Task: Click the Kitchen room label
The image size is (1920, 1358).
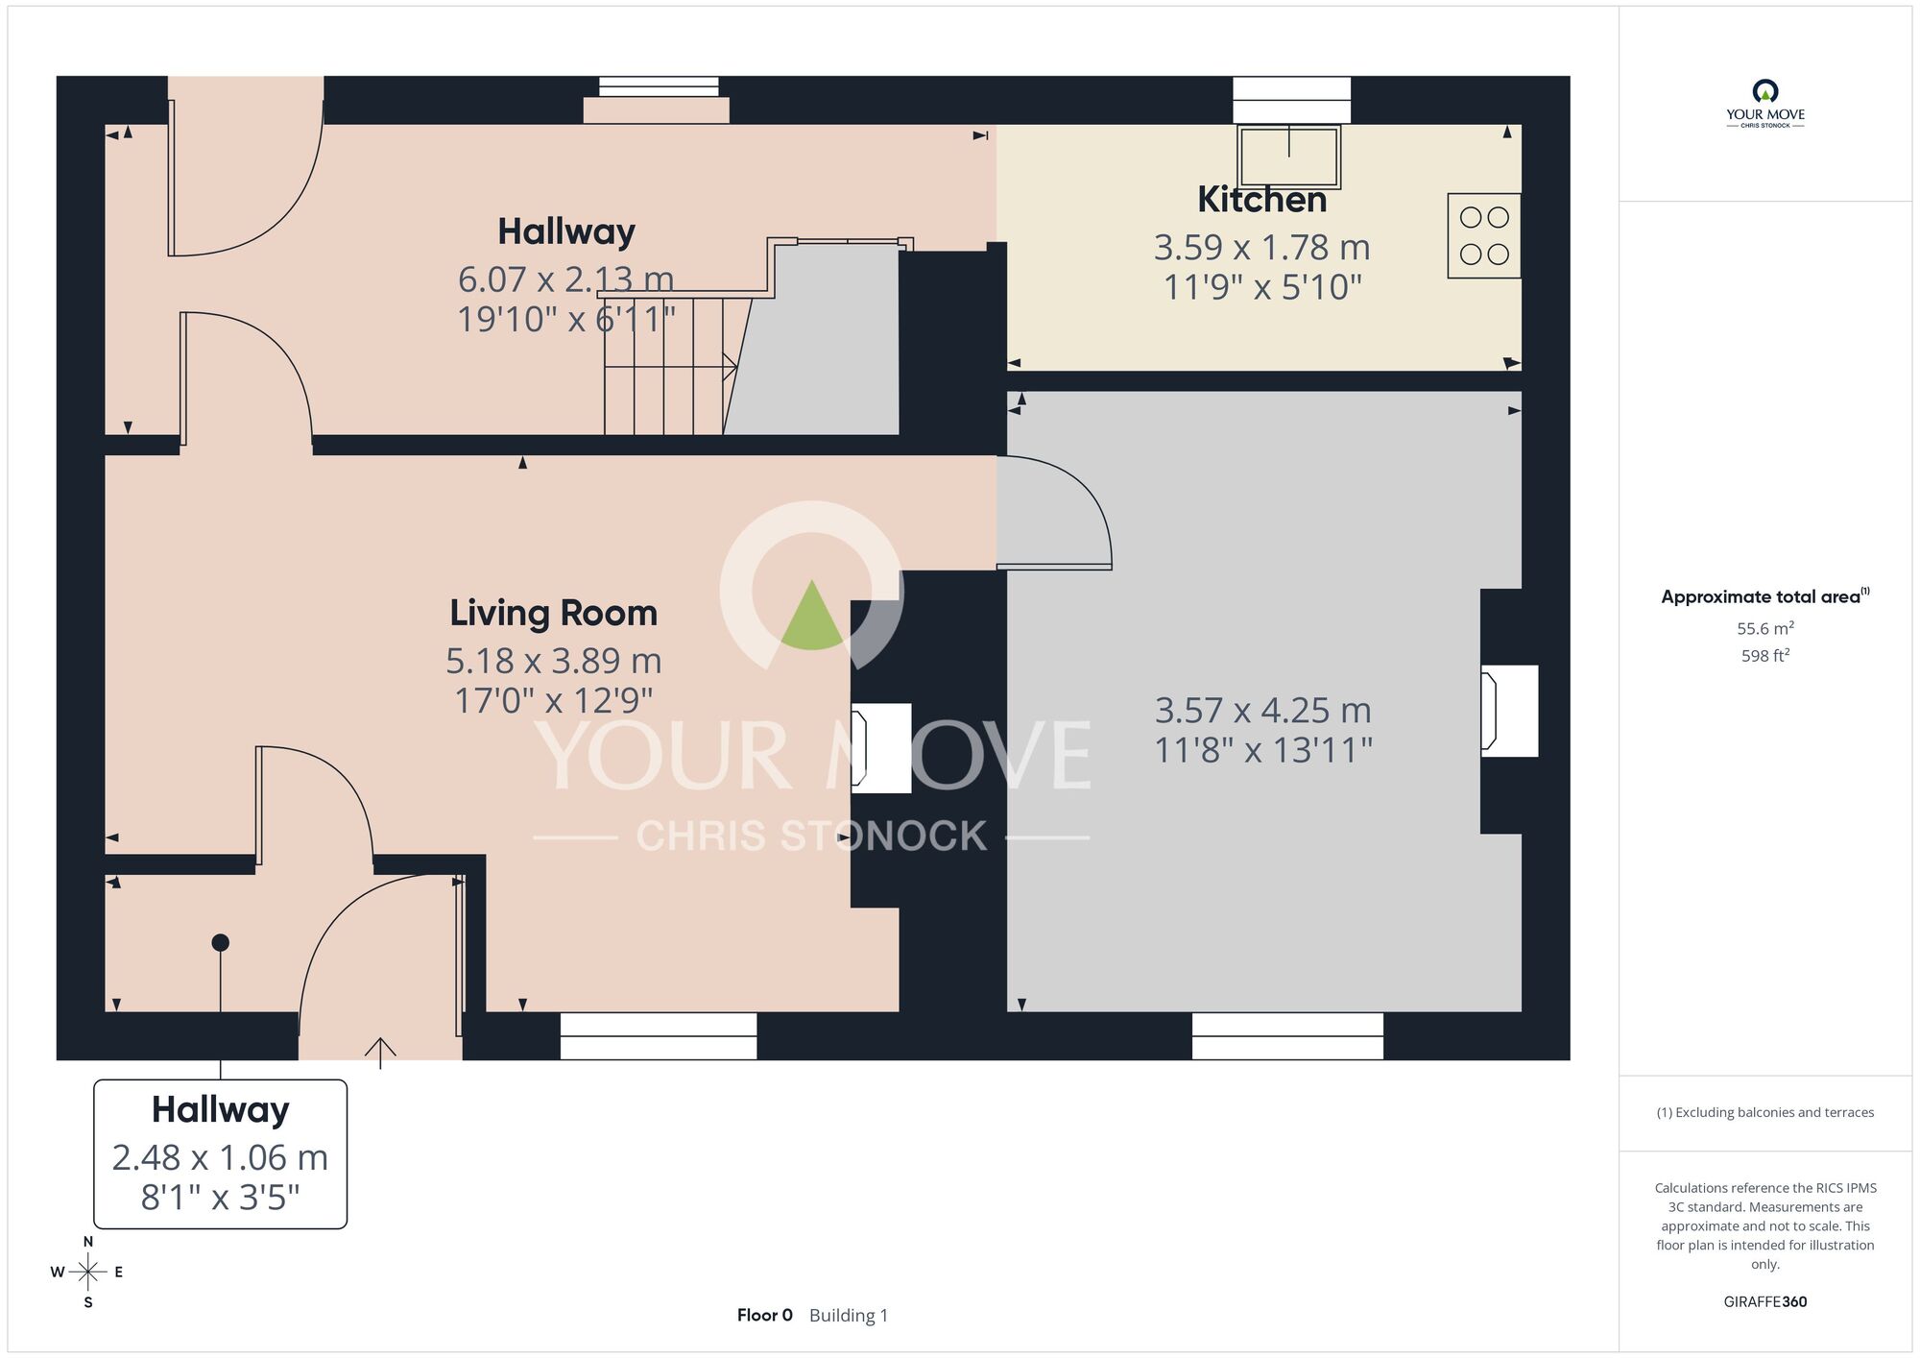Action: point(1261,200)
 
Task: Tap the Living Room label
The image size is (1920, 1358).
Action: point(554,613)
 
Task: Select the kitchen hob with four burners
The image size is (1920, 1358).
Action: point(1484,236)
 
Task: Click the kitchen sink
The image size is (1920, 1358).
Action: point(1289,157)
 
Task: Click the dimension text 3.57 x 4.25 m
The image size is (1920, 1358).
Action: point(1262,711)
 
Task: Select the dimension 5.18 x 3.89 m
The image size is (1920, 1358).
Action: point(554,661)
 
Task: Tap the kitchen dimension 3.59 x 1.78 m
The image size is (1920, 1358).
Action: point(1261,248)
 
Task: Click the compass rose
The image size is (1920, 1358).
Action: point(87,1273)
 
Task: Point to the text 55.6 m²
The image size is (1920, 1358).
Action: point(1765,628)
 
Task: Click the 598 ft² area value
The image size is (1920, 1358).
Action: point(1765,655)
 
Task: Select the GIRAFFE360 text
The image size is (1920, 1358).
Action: point(1765,1302)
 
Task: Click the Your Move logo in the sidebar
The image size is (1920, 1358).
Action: point(1765,104)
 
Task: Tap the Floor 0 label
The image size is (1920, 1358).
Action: point(765,1316)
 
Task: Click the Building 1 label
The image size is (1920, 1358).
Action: point(849,1316)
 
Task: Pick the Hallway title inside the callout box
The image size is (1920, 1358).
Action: point(220,1110)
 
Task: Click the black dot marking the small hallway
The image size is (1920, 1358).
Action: point(220,943)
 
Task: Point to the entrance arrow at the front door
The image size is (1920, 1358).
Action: point(380,1053)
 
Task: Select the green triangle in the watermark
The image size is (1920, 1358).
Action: point(812,615)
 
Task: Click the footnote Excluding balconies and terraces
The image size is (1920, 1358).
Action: point(1765,1112)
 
